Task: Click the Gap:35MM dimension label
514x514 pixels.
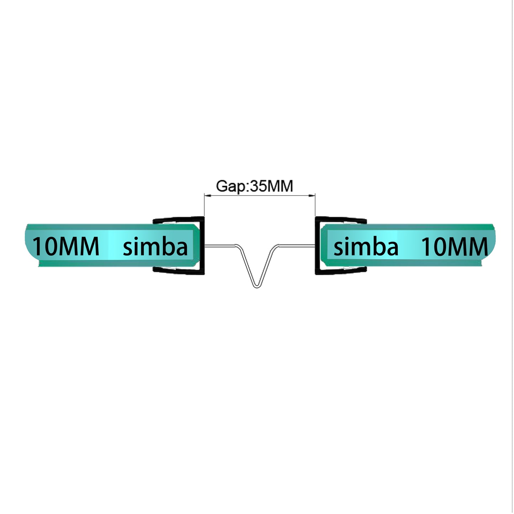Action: [x=254, y=186]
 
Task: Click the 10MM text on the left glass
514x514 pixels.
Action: [x=66, y=247]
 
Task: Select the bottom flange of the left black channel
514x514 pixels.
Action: [x=178, y=271]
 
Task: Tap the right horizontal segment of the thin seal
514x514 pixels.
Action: [x=297, y=245]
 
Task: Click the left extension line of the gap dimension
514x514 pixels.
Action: [x=204, y=206]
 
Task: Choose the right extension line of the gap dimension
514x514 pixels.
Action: [x=316, y=206]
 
